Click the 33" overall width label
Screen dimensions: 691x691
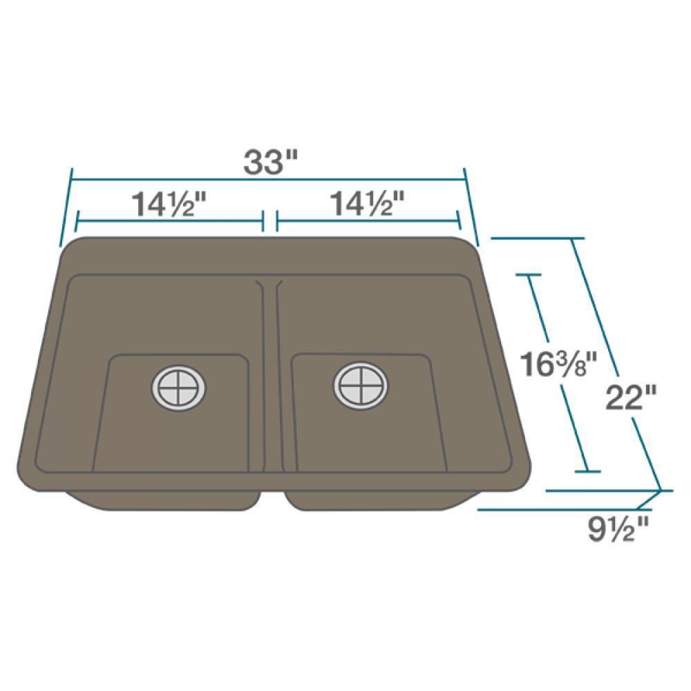click(270, 162)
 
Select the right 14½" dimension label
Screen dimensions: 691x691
click(368, 205)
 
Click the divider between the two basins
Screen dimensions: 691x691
click(269, 373)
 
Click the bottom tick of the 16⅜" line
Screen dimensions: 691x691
click(587, 472)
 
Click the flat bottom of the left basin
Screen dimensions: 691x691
click(173, 435)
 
